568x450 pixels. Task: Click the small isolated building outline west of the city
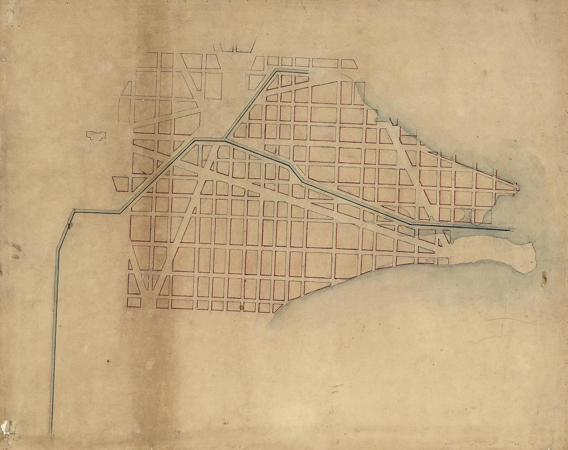(96, 135)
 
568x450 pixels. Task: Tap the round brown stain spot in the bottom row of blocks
(241, 307)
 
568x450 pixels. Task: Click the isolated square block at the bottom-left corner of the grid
(134, 302)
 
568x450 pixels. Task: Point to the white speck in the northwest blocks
(143, 100)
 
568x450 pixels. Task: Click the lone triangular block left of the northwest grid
(127, 89)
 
